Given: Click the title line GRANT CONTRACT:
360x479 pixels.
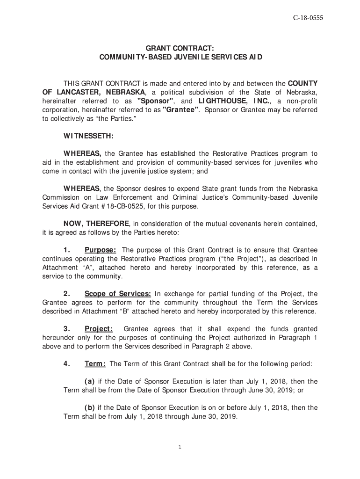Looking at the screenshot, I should coord(180,48).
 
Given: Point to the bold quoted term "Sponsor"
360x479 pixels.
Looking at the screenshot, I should coord(156,101).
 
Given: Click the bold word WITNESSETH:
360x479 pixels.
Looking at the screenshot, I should coord(88,136).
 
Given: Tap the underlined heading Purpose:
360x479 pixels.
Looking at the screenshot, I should coord(100,250).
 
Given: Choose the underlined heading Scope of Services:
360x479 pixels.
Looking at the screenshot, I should coord(117,294).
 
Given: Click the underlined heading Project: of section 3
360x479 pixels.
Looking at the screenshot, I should coord(99,329).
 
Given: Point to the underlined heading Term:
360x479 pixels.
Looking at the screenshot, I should coord(95,364).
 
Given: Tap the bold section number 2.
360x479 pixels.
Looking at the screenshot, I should coord(67,294).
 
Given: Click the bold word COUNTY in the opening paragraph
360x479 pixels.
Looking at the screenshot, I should coord(302,83).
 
